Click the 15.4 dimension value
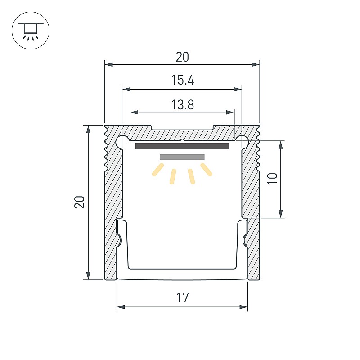pos(183,80)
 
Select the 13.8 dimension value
pos(183,105)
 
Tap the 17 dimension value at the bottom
pos(183,297)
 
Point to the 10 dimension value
pos(273,178)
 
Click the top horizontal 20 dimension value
pos(183,57)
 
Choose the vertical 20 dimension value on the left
pos(80,202)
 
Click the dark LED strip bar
pos(182,146)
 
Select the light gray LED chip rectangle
pos(182,157)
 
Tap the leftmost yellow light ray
pos(158,170)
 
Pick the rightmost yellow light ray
pos(207,170)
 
